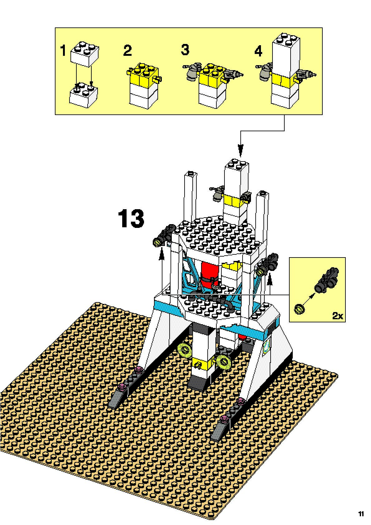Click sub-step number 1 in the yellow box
63,51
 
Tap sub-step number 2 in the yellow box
127,51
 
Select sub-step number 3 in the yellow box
185,50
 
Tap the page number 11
361,514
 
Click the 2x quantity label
337,316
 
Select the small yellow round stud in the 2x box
300,309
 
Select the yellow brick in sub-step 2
143,75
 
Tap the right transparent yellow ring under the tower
224,360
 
